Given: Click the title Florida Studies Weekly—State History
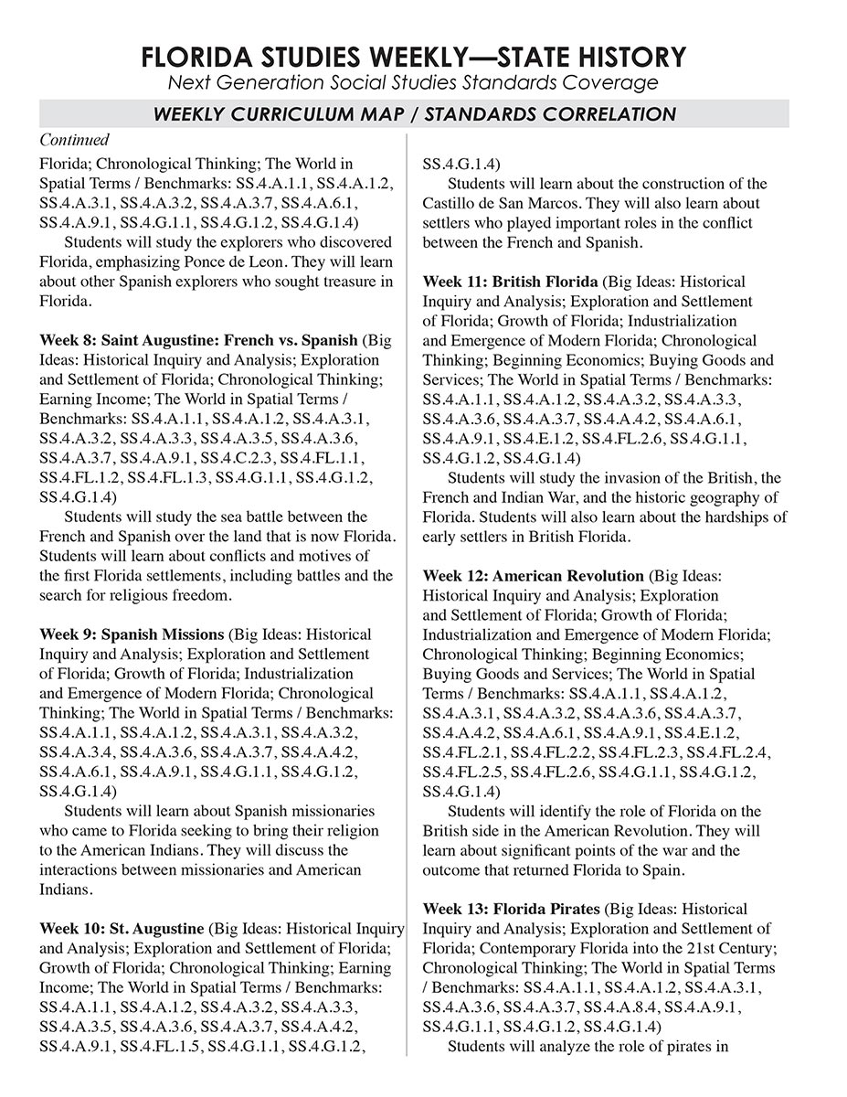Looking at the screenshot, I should click(x=413, y=58).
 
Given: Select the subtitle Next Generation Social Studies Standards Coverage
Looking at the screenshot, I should click(x=413, y=84).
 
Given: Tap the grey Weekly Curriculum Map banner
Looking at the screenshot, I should click(x=413, y=114).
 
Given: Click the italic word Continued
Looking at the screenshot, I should click(x=74, y=140).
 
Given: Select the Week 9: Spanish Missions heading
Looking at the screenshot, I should click(x=132, y=634).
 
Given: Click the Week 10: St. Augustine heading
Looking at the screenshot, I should click(x=122, y=928).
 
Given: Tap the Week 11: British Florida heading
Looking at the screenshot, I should click(x=510, y=282).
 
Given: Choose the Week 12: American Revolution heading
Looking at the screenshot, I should click(x=533, y=576).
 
